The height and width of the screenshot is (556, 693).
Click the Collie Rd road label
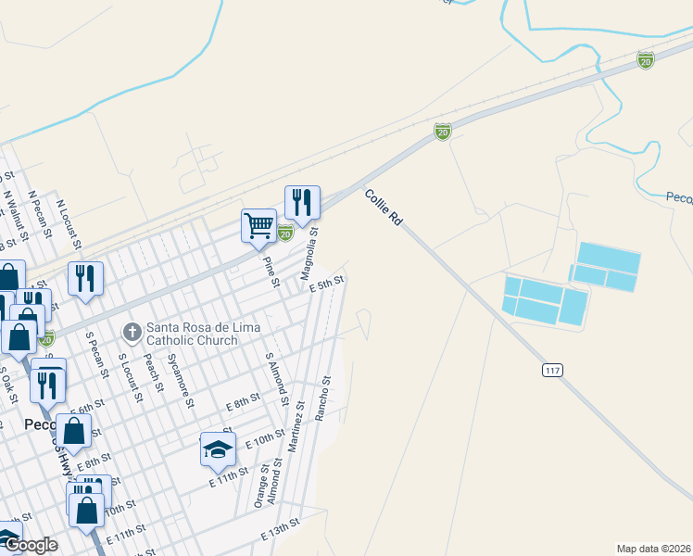384,208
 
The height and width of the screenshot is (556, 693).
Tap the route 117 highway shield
553,370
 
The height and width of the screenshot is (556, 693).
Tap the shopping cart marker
259,224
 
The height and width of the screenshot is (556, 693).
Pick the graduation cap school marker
218,450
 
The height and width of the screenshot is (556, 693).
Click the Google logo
31,545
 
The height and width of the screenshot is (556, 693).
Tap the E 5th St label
326,284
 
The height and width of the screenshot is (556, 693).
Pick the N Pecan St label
39,216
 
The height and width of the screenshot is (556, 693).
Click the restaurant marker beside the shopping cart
303,203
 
